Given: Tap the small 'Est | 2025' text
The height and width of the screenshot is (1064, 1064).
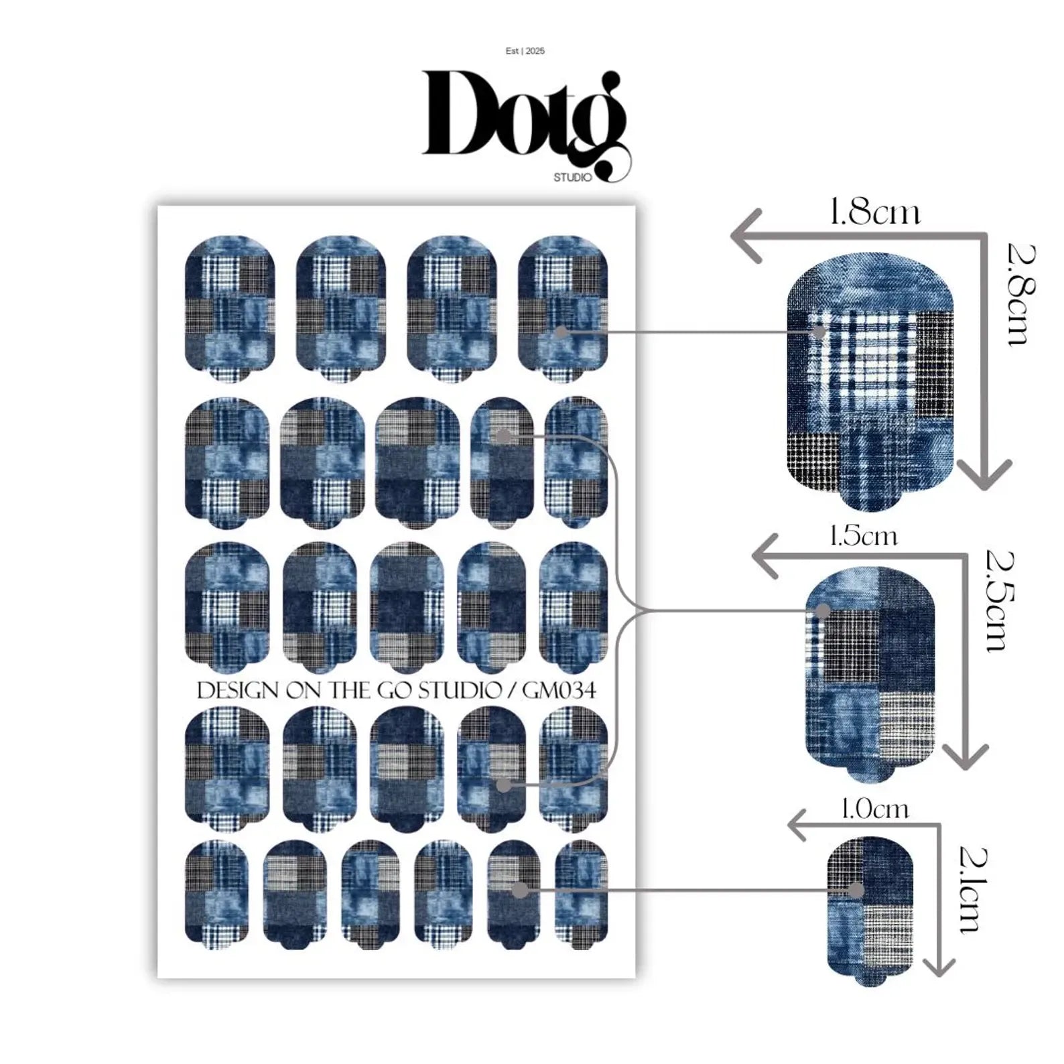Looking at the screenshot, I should [x=525, y=51].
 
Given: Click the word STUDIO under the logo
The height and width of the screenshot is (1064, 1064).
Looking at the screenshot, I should [x=572, y=178].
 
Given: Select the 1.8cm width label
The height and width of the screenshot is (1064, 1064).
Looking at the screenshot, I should [x=874, y=213].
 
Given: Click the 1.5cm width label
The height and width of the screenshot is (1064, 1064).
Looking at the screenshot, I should [x=863, y=537].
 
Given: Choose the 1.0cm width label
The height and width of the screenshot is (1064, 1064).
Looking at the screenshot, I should [x=874, y=809].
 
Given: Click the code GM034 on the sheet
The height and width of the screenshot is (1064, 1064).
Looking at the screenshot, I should [x=559, y=690].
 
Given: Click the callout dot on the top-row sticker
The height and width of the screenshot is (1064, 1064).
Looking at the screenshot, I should [x=561, y=332].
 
